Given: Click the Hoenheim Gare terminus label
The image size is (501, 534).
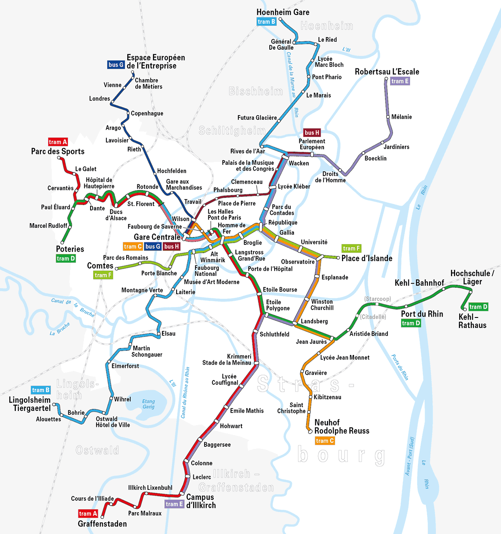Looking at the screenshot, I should (x=283, y=12).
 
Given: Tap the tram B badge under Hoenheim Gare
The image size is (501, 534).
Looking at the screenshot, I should (x=266, y=22).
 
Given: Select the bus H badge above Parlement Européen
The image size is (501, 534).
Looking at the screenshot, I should (x=312, y=133).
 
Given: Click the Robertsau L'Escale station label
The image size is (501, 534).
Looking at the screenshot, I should (x=387, y=72).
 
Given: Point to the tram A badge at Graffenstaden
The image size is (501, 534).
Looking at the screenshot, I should (x=88, y=514).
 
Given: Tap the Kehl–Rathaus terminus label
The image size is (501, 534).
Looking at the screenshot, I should (x=472, y=321).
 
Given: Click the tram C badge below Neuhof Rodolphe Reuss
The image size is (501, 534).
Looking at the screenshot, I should (x=325, y=441).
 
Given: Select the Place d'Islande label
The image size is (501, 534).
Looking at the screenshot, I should (x=367, y=258).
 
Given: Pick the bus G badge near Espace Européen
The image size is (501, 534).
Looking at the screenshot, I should (x=116, y=65).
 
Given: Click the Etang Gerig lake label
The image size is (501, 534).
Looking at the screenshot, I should (x=148, y=404).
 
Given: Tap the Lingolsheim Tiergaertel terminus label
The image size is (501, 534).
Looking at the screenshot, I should (x=30, y=404).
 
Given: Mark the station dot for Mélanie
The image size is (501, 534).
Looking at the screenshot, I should (x=388, y=117).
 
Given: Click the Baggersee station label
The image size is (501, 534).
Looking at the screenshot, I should (x=217, y=445).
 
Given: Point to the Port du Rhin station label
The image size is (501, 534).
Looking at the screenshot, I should (x=422, y=314).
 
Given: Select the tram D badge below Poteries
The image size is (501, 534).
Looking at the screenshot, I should (x=66, y=259).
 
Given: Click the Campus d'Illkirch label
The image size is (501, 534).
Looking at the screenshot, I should (x=201, y=501).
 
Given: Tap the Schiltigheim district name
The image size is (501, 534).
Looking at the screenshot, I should (x=232, y=131).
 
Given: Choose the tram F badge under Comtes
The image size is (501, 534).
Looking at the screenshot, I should (x=103, y=275).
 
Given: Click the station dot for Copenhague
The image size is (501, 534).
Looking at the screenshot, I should (x=128, y=113).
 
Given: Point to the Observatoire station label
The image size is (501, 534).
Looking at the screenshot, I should (x=298, y=262).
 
